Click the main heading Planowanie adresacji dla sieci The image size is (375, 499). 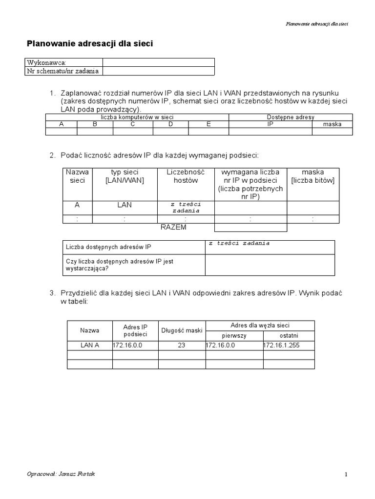tap(90, 44)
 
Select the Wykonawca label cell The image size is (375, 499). tap(64, 62)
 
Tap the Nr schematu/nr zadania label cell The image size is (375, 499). tap(64, 71)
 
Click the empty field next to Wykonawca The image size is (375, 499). tap(158, 62)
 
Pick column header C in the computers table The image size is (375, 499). tap(133, 124)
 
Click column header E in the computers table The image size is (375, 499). tap(208, 124)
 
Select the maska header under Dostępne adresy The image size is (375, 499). tap(332, 124)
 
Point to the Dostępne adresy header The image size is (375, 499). tap(291, 117)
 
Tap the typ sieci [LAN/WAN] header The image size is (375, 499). tap(125, 176)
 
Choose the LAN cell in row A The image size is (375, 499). tap(125, 206)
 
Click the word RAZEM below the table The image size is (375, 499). tap(173, 228)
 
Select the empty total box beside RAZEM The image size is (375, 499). tap(250, 228)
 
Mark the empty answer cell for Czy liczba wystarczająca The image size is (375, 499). tap(270, 265)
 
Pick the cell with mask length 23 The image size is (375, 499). tap(182, 345)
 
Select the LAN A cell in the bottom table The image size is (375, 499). tap(90, 345)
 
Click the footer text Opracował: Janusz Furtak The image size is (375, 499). tap(61, 474)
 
